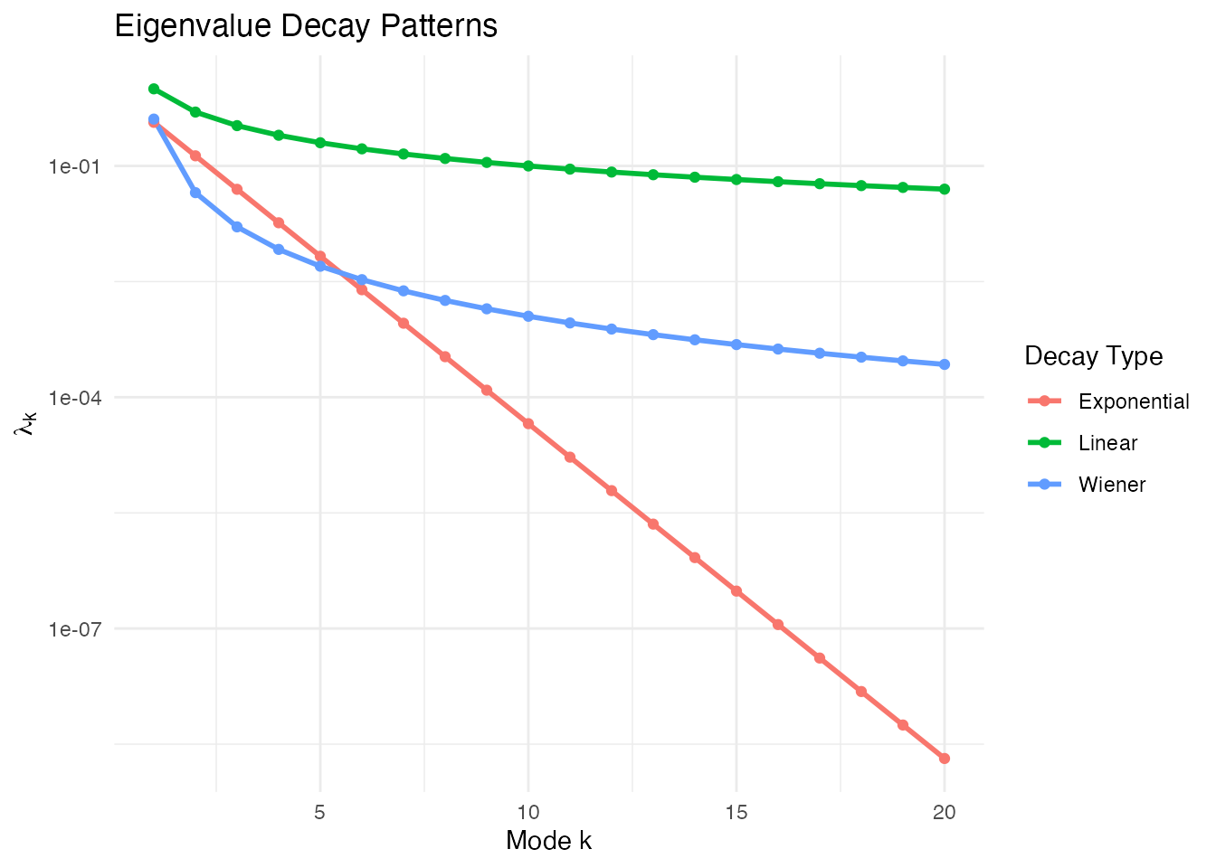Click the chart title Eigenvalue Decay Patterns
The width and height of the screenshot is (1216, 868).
306,25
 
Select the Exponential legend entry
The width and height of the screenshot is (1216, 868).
1134,401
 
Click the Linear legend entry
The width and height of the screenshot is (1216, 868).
1107,443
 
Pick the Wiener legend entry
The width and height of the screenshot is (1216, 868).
1112,485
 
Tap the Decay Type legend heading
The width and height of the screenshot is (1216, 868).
1093,356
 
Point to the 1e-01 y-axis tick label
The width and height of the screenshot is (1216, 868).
77,166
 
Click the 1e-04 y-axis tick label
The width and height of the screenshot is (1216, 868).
77,398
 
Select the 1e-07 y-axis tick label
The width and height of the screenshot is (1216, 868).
77,628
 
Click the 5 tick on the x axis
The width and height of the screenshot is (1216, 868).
320,812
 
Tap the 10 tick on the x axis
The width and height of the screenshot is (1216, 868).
528,812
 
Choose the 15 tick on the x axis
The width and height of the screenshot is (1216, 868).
736,812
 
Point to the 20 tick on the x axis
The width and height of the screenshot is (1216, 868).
945,812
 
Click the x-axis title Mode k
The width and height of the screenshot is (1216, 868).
548,841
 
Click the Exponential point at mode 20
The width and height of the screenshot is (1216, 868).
945,759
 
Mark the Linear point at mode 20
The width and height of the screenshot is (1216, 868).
945,189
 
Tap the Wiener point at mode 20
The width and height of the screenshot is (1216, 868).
945,364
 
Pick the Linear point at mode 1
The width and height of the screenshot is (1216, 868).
154,89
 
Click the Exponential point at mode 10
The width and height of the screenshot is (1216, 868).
528,424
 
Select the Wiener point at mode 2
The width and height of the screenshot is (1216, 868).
195,193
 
